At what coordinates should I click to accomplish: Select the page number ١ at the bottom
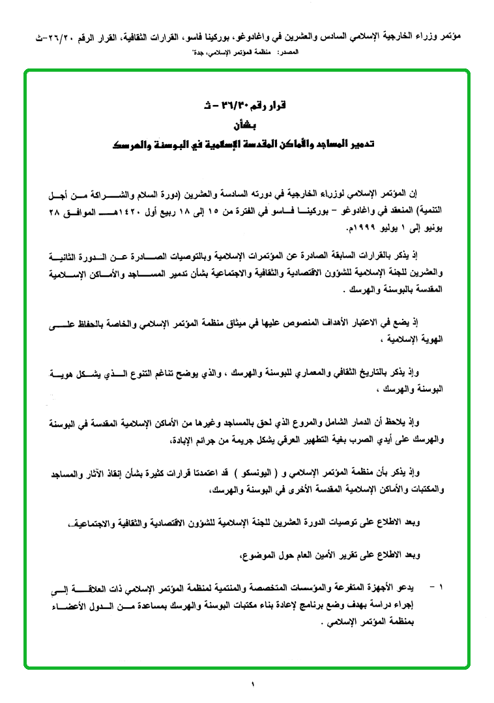click(252, 683)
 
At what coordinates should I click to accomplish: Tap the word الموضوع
click(254, 556)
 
